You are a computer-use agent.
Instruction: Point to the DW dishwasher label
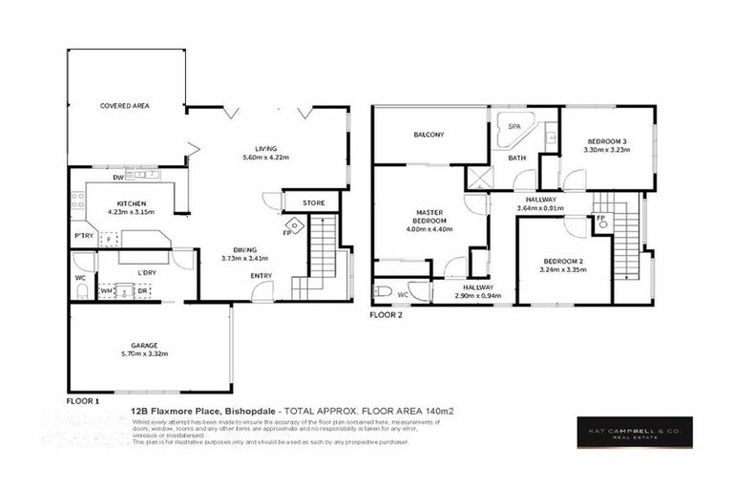(x=117, y=177)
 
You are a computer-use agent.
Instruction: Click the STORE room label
(x=313, y=203)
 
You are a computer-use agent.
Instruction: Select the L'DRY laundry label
(x=146, y=273)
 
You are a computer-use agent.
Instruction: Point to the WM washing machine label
(x=108, y=289)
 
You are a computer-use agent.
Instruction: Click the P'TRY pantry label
(x=83, y=236)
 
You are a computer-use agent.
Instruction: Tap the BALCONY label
(x=429, y=135)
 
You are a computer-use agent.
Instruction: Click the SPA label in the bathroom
(x=514, y=126)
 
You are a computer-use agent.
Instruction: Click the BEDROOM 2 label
(x=562, y=262)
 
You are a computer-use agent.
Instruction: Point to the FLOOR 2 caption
(x=387, y=313)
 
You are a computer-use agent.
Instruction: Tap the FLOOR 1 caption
(x=83, y=401)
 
